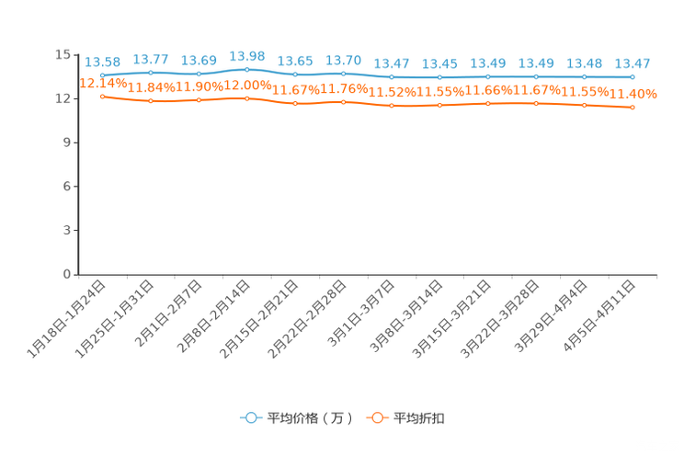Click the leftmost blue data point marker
pyautogui.click(x=102, y=74)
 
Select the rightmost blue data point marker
pyautogui.click(x=633, y=76)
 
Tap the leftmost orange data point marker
pyautogui.click(x=102, y=96)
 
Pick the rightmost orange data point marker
pyautogui.click(x=633, y=108)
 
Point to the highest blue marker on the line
pyautogui.click(x=246, y=69)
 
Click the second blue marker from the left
pyautogui.click(x=150, y=72)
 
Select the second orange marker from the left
pyautogui.click(x=150, y=100)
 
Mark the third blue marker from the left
pyautogui.click(x=199, y=74)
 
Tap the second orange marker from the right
pyautogui.click(x=584, y=104)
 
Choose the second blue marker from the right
pyautogui.click(x=584, y=76)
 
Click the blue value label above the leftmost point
pyautogui.click(x=102, y=62)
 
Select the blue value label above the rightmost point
pyautogui.click(x=633, y=63)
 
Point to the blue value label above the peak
pyautogui.click(x=246, y=56)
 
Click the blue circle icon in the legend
pyautogui.click(x=250, y=418)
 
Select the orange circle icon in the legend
pyautogui.click(x=376, y=418)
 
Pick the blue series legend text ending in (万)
pyautogui.click(x=310, y=418)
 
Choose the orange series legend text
pyautogui.click(x=420, y=418)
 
